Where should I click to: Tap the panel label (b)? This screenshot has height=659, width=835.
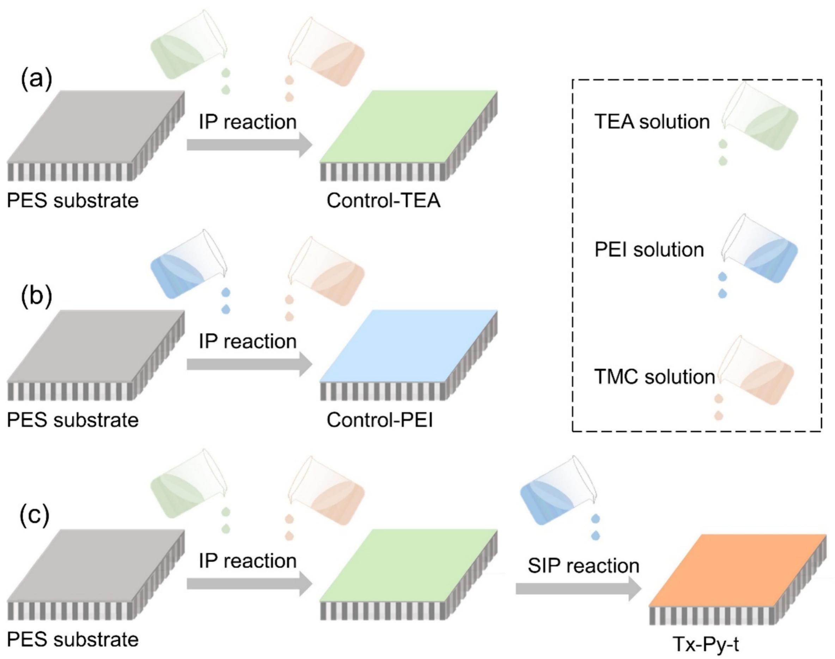[x=36, y=297]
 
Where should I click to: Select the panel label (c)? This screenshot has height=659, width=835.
[x=35, y=516]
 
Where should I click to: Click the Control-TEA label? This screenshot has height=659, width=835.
[x=383, y=201]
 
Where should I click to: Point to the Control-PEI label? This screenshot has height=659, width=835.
[x=380, y=420]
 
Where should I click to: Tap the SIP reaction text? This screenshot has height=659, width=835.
[x=583, y=566]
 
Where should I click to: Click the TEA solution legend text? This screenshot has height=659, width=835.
[x=652, y=122]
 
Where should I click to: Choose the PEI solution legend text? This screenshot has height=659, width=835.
[x=649, y=250]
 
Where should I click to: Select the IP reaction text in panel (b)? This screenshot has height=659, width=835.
[x=248, y=341]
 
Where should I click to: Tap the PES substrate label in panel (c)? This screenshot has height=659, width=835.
[x=73, y=640]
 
